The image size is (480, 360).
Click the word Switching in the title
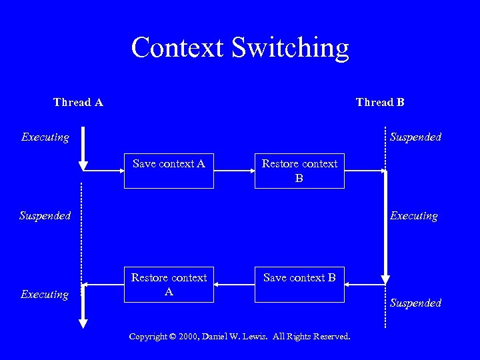click(290, 48)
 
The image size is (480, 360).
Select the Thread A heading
click(78, 102)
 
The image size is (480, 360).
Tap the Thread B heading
click(380, 102)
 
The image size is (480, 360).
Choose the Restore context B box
click(299, 171)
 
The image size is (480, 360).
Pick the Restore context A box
click(169, 285)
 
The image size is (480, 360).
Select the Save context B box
click(299, 285)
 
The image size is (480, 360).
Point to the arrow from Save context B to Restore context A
click(234, 285)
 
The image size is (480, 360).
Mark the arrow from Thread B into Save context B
click(365, 285)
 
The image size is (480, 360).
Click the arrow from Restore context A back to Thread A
click(103, 285)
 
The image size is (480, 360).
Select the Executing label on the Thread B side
click(413, 216)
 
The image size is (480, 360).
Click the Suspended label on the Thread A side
click(45, 216)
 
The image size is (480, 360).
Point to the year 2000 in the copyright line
click(188, 337)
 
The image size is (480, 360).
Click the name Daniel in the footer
click(219, 337)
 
